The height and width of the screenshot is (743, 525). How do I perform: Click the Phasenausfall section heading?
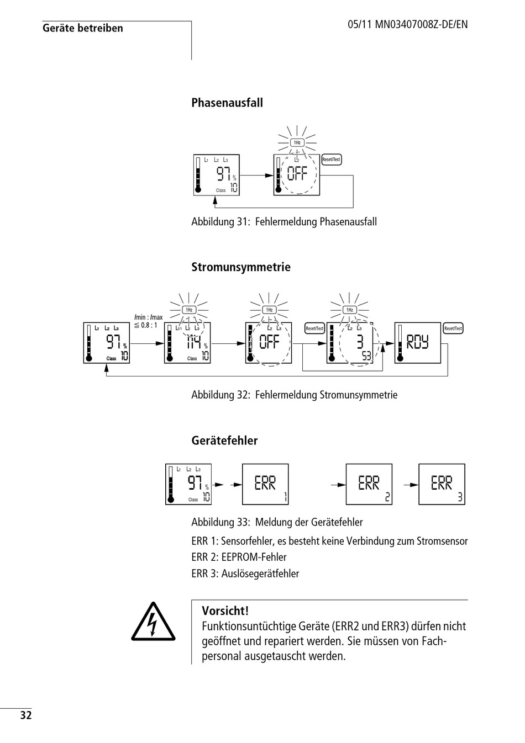coord(227,103)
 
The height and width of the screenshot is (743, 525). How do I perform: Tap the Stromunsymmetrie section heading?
coord(241,267)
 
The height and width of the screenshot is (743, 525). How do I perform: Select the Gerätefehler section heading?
coord(224,441)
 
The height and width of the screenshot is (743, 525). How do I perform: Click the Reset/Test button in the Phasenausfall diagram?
coord(332,160)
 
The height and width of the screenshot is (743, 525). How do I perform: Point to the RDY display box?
coord(417,343)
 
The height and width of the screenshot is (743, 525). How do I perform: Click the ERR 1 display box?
coord(265,484)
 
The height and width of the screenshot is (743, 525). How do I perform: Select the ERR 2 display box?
coord(369,484)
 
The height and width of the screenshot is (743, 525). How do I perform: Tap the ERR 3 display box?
coord(442,484)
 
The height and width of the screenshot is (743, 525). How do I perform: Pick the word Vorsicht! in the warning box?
coord(225,611)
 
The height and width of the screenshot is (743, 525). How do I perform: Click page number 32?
coord(26,715)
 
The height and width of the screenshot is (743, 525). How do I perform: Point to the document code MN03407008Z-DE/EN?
coord(421,24)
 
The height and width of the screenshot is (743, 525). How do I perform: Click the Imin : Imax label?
coord(149,317)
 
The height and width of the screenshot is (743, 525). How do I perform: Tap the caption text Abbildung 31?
coord(220,221)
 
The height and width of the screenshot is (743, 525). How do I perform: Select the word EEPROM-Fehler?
coord(254,558)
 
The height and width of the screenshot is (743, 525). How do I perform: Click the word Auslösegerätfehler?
coord(260,574)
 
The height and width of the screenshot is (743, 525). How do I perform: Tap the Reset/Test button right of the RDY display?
coord(453,328)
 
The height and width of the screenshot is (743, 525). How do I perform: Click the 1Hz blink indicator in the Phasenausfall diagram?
coord(297,142)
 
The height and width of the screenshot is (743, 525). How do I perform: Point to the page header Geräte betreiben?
coord(83,28)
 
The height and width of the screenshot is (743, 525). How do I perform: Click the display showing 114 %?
coord(187,343)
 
